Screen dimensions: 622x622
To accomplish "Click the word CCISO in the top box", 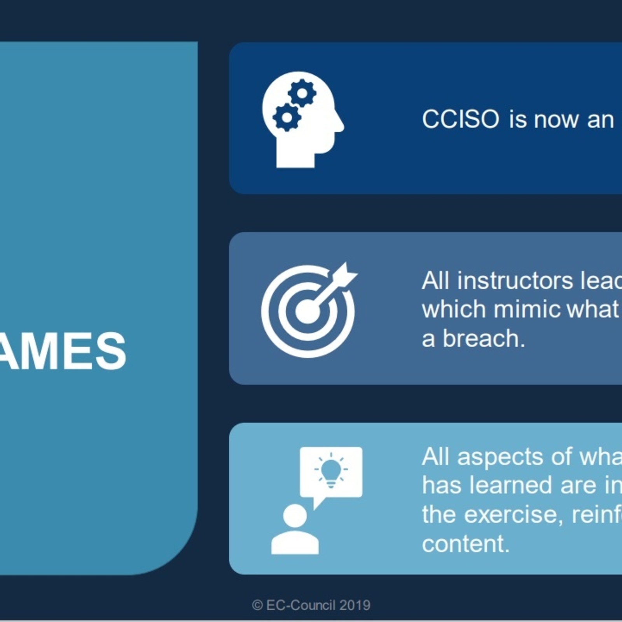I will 460,119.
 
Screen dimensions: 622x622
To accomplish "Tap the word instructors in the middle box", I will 515,280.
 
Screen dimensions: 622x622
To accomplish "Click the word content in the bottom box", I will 465,543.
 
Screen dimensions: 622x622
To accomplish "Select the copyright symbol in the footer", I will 257,605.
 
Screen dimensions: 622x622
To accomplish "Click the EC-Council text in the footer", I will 301,605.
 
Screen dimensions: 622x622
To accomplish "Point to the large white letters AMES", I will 62,351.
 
